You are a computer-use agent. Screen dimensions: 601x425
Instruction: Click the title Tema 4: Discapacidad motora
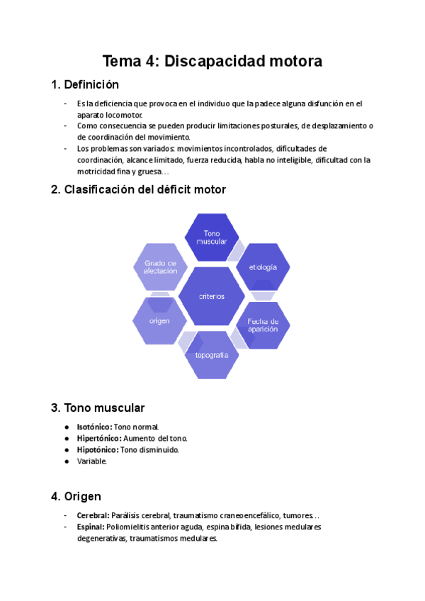[x=212, y=61]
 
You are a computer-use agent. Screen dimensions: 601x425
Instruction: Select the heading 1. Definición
[x=84, y=85]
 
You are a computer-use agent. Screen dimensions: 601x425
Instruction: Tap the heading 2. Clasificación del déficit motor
[x=138, y=189]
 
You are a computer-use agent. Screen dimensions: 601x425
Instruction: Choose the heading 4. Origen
[x=76, y=496]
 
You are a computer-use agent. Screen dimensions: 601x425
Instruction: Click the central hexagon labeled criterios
[x=211, y=296]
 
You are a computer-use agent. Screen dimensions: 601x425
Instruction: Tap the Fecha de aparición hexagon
[x=263, y=326]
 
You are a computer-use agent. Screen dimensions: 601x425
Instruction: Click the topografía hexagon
[x=212, y=354]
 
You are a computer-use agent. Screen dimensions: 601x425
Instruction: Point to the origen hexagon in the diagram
[x=159, y=321]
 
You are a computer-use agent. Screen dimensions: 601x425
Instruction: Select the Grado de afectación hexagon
[x=161, y=266]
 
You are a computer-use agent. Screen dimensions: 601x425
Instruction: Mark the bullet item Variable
[x=92, y=461]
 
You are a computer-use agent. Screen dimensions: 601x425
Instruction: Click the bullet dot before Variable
[x=67, y=461]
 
